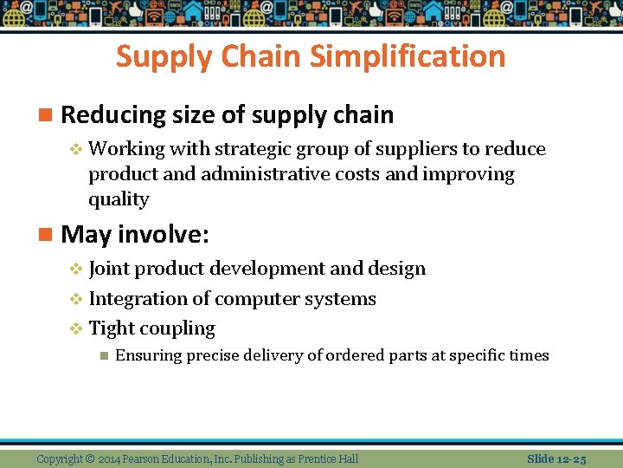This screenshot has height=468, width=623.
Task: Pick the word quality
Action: tap(119, 199)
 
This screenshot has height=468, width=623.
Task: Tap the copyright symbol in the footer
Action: tap(89, 458)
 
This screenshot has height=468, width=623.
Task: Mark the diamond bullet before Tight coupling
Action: tap(75, 329)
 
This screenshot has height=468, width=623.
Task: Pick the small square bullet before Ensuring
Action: tap(103, 355)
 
